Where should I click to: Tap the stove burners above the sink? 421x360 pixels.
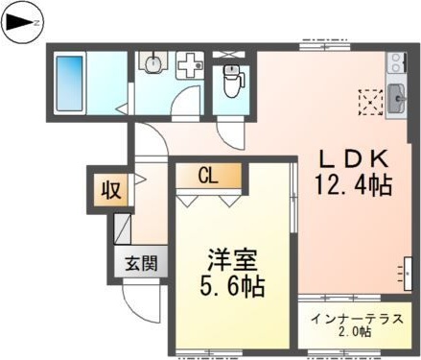[x=395, y=64]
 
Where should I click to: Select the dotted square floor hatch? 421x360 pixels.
[x=368, y=99]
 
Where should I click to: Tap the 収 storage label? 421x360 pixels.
[x=109, y=189]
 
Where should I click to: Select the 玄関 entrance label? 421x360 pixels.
[x=140, y=262]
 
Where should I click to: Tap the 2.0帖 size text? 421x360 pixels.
[x=356, y=332]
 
